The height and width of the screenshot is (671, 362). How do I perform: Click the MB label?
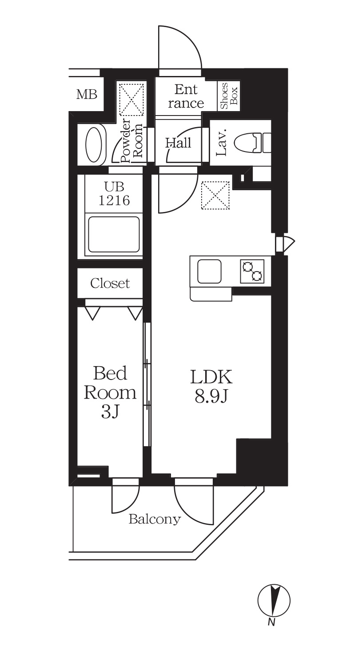[x=87, y=95]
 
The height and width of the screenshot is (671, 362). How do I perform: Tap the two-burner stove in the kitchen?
[x=252, y=271]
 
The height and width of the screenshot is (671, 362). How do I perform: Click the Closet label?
[x=110, y=283]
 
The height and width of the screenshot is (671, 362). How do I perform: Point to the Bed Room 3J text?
[x=110, y=392]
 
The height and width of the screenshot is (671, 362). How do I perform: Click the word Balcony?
[x=155, y=519]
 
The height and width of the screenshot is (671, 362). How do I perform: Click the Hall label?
[x=179, y=143]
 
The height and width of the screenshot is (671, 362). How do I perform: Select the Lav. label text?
[x=221, y=143]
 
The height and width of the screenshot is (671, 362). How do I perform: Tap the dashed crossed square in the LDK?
[x=215, y=195]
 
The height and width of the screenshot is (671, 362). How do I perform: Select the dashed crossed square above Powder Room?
[x=132, y=99]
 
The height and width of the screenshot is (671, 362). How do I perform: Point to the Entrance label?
[x=186, y=96]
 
